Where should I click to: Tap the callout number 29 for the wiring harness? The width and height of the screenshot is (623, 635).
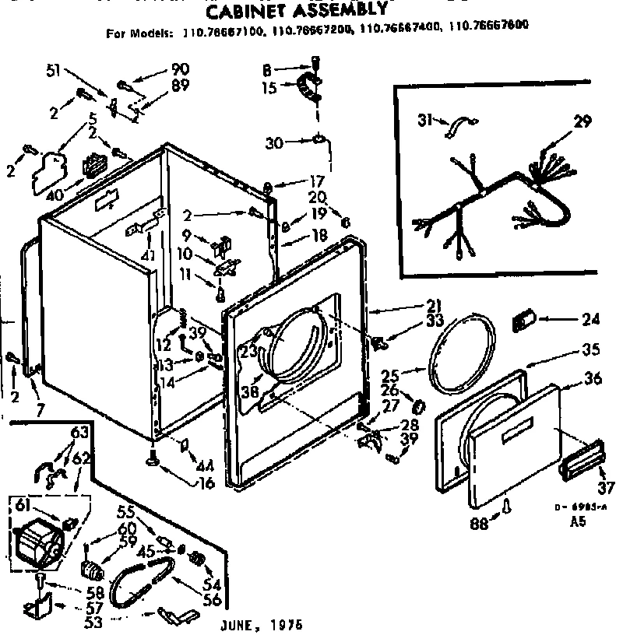(x=583, y=121)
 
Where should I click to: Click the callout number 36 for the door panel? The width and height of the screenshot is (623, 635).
(x=593, y=381)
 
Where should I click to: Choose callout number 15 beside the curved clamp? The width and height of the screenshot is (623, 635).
(x=269, y=89)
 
